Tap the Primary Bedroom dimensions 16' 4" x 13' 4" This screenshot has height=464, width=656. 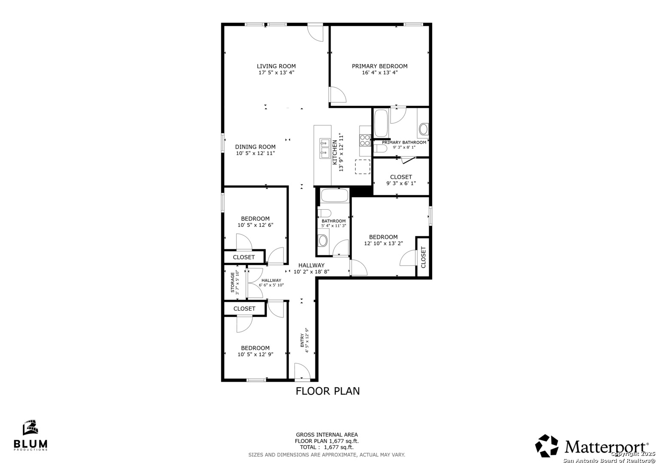(x=379, y=73)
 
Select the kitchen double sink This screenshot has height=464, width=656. (x=325, y=148)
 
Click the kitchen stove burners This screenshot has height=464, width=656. (x=365, y=140)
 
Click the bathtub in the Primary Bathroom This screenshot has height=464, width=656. (x=381, y=123)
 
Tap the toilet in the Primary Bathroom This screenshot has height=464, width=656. (x=380, y=149)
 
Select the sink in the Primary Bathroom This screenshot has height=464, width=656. (x=424, y=129)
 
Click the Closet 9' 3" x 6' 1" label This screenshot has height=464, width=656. (x=401, y=180)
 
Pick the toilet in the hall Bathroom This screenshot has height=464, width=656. (x=324, y=213)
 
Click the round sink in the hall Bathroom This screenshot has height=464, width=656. (x=323, y=241)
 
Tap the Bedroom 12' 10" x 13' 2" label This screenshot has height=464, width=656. (x=383, y=240)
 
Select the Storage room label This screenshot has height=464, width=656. (x=235, y=282)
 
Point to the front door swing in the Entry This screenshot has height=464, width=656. (x=302, y=371)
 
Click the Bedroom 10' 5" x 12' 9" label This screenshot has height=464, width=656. (x=255, y=351)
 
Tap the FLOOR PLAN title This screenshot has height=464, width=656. (x=327, y=391)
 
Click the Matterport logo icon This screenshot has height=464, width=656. (x=546, y=446)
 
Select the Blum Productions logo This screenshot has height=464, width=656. (x=31, y=435)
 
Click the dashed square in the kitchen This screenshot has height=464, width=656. (x=363, y=167)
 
